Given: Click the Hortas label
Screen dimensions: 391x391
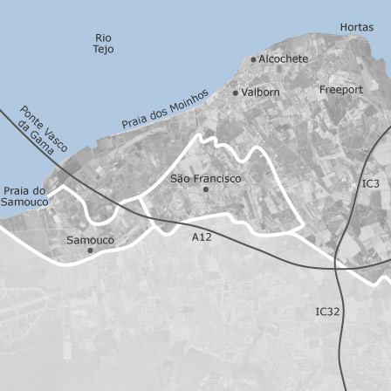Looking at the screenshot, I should [356, 27].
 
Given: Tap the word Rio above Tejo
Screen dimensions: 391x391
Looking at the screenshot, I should [103, 38].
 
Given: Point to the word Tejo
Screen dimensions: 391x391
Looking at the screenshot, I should [103, 50].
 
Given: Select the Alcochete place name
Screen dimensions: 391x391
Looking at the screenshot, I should [284, 59].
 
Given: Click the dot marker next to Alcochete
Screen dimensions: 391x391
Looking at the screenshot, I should [254, 59].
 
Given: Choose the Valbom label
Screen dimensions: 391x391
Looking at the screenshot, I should [260, 92].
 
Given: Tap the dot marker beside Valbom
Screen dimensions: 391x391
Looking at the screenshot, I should [235, 92].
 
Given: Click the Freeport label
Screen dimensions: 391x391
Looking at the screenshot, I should [341, 90].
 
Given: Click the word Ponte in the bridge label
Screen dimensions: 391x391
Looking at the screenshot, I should [29, 114].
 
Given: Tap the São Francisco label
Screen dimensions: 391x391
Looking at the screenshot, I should [205, 178].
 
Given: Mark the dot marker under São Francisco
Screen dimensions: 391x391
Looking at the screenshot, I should [205, 189].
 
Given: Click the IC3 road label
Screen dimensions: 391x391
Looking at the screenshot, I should [371, 183].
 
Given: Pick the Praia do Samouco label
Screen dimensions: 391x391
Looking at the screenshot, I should [25, 195].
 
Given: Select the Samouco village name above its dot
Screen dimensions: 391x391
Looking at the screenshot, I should [90, 239].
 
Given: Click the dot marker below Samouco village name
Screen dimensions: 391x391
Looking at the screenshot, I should [90, 250].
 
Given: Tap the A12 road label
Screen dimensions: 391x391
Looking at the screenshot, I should [202, 236].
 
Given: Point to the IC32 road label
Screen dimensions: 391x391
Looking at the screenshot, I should [326, 311].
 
